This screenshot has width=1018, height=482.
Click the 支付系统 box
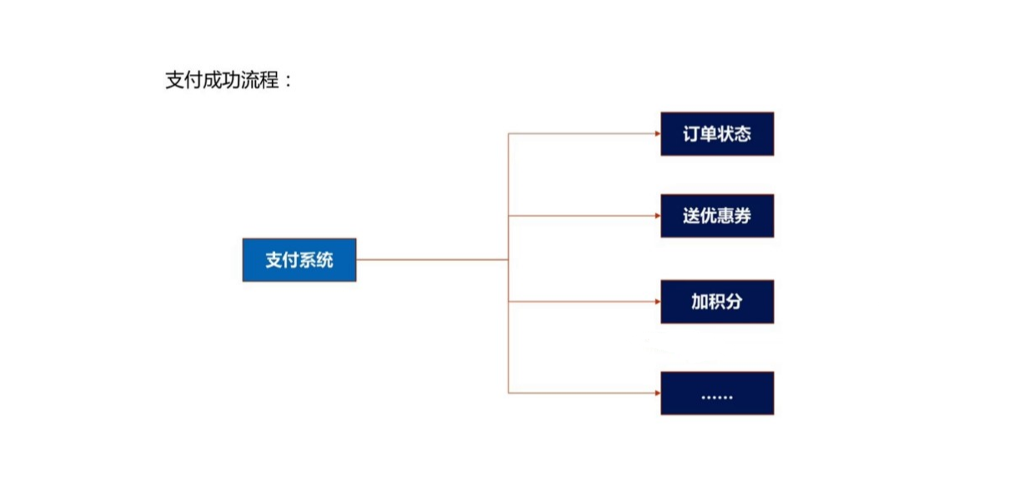pyautogui.click(x=299, y=259)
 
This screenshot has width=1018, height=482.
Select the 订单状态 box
pyautogui.click(x=717, y=133)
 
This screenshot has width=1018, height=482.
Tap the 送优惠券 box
pyautogui.click(x=717, y=216)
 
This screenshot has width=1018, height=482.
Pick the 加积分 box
pyautogui.click(x=717, y=301)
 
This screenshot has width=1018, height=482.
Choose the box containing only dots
pyautogui.click(x=717, y=393)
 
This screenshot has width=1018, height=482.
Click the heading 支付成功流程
pyautogui.click(x=222, y=81)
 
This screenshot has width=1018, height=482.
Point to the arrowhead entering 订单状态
pyautogui.click(x=656, y=133)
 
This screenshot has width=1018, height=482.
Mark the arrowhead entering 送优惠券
pyautogui.click(x=656, y=216)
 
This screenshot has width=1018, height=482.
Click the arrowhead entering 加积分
pyautogui.click(x=656, y=301)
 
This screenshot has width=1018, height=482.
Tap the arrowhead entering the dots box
pyautogui.click(x=656, y=393)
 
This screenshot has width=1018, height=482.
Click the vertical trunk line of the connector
pyautogui.click(x=509, y=334)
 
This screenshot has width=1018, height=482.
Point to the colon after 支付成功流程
pyautogui.click(x=289, y=82)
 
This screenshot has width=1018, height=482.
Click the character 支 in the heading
pyautogui.click(x=175, y=81)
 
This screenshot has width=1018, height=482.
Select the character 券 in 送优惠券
pyautogui.click(x=742, y=216)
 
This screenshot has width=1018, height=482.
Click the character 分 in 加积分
pyautogui.click(x=734, y=301)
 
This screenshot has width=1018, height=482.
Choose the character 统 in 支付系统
pyautogui.click(x=325, y=259)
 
